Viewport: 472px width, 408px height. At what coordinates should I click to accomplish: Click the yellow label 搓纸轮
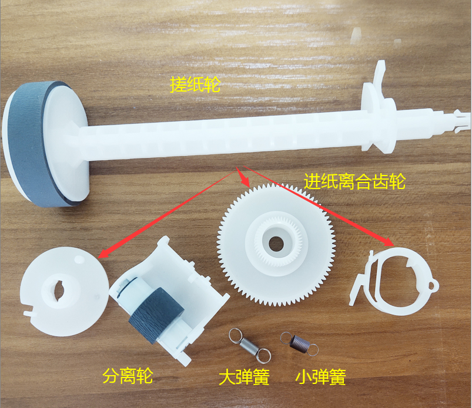pyautogui.click(x=195, y=85)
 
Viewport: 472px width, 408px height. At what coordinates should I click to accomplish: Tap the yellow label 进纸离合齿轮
pyautogui.click(x=354, y=181)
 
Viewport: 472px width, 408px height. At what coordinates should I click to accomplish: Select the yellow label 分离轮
pyautogui.click(x=128, y=376)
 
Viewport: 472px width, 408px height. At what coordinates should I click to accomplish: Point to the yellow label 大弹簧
pyautogui.click(x=244, y=377)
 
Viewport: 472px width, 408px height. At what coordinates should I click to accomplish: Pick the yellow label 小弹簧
pyautogui.click(x=320, y=377)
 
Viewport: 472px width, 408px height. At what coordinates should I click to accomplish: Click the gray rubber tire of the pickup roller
pyautogui.click(x=30, y=144)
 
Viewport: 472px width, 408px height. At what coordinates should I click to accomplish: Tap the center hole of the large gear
pyautogui.click(x=276, y=244)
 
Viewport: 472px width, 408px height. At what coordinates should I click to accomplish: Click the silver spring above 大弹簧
pyautogui.click(x=250, y=345)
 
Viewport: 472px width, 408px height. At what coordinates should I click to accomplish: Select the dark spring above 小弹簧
pyautogui.click(x=300, y=343)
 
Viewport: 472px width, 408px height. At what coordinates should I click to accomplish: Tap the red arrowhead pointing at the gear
pyautogui.click(x=245, y=180)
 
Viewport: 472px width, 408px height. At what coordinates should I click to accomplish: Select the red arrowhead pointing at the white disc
pyautogui.click(x=104, y=252)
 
